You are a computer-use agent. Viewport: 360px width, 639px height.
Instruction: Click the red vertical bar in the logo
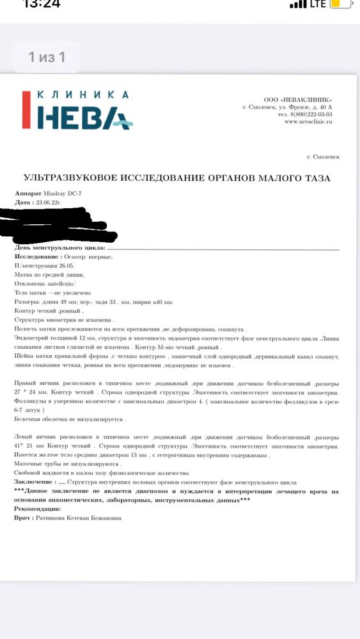[26, 111]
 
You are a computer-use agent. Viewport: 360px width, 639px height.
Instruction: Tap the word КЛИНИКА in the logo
[83, 95]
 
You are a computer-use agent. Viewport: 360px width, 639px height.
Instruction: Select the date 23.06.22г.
[47, 201]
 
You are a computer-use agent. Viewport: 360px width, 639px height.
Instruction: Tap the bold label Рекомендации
[38, 509]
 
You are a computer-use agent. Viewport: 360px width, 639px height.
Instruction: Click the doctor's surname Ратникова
[54, 518]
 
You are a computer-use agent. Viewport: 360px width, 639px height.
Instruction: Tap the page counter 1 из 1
[47, 57]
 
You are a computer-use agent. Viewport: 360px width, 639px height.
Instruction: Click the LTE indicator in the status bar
[318, 4]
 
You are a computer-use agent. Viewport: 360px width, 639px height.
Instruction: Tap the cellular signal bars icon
[298, 4]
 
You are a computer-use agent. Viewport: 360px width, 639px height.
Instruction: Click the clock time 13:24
[41, 3]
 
